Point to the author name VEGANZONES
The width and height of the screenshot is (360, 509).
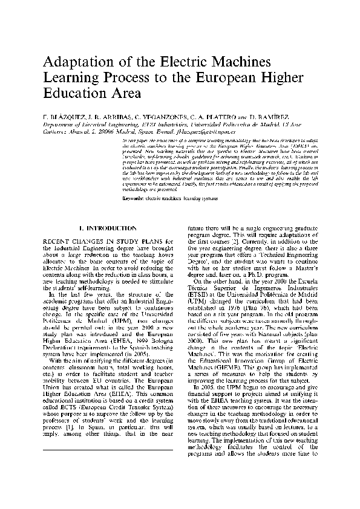[x=158, y=115]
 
